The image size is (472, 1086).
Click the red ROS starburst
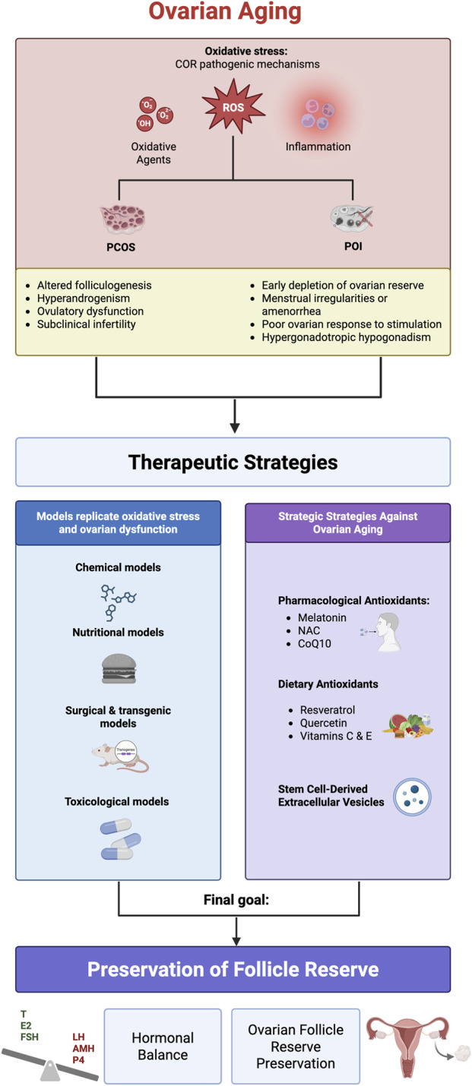point(233,106)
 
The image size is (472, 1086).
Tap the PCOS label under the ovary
point(121,247)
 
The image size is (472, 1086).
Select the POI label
point(353,246)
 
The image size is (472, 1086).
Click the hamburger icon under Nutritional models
point(119,668)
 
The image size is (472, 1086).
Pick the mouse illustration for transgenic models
point(121,756)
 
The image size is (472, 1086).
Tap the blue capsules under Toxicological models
point(120,838)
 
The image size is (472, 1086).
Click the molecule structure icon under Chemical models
point(117,601)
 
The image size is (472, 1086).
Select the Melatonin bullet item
point(322,617)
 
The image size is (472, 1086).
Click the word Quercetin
point(323,722)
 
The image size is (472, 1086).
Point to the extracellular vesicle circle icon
point(412,797)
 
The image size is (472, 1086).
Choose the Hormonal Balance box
point(163,1046)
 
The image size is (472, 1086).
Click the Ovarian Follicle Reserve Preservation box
point(296,1046)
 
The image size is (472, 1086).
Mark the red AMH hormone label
point(84,1048)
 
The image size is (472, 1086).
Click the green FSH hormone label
point(29,1037)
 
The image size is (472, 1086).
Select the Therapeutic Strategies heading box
point(233,462)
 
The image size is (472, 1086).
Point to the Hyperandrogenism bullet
point(84,298)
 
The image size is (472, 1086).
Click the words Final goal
point(236,900)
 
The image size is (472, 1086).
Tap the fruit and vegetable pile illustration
point(407,726)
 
